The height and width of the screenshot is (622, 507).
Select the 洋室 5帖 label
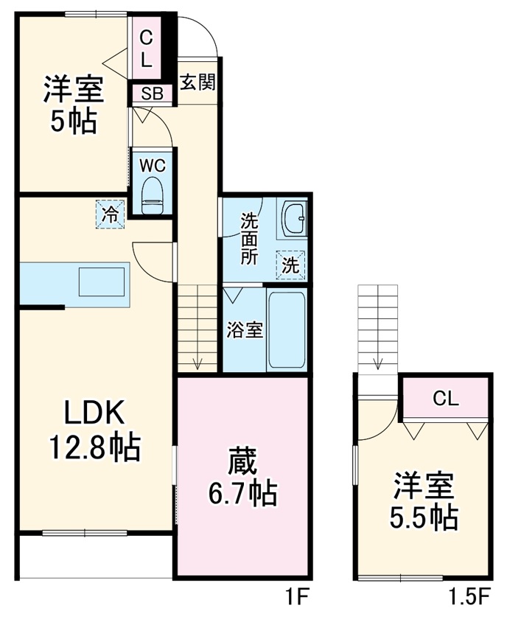[73, 105]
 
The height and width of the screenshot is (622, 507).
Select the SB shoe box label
[152, 94]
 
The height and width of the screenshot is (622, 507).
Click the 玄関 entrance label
[197, 82]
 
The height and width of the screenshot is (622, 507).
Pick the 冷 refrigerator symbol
[110, 214]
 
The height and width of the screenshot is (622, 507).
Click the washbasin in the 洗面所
[296, 219]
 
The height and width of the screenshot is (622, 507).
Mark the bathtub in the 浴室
[287, 331]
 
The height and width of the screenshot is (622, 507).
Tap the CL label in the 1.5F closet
[446, 399]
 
